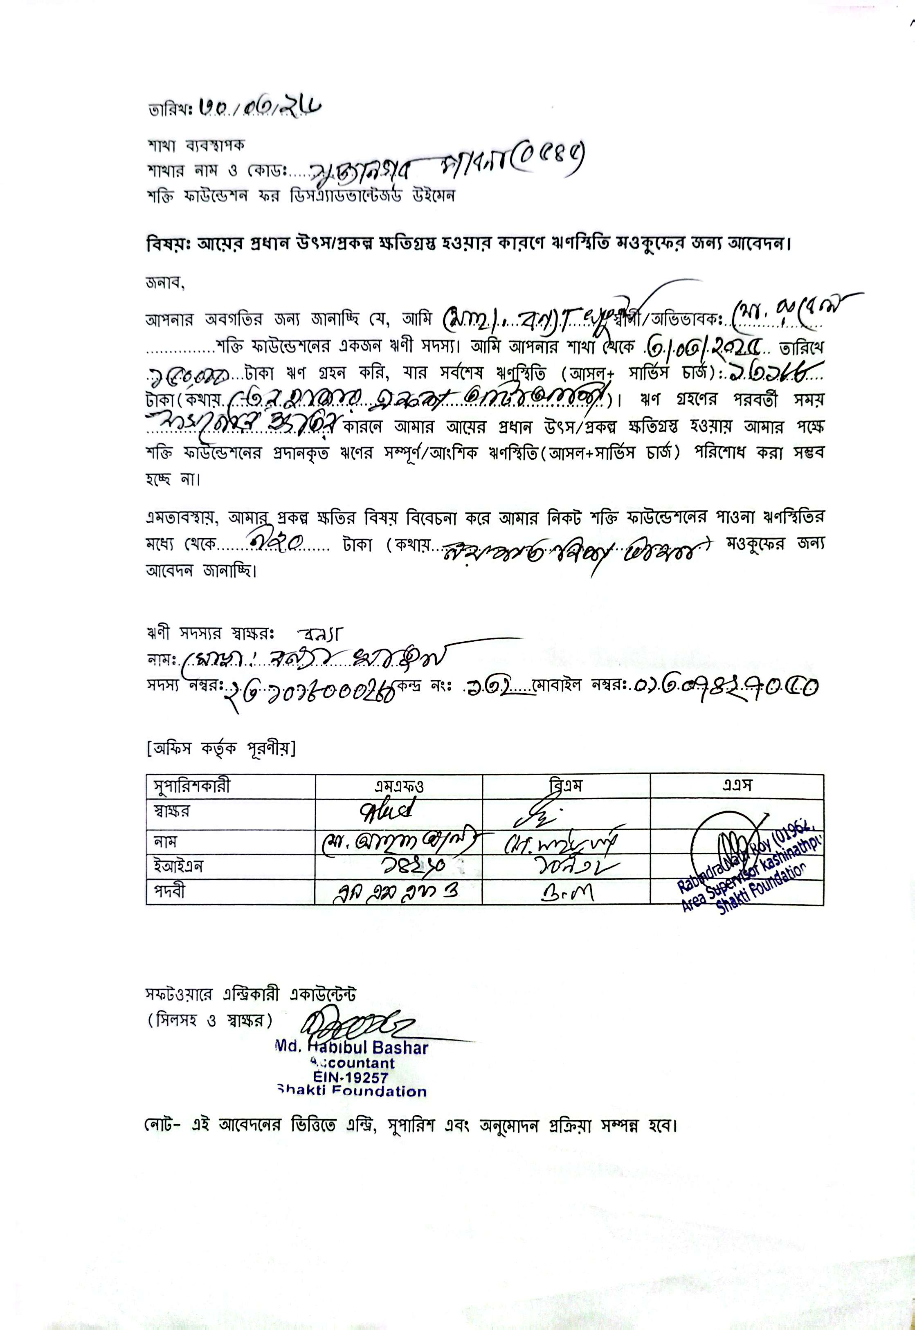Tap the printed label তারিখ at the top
click(x=169, y=110)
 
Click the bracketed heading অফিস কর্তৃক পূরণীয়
click(x=221, y=749)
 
